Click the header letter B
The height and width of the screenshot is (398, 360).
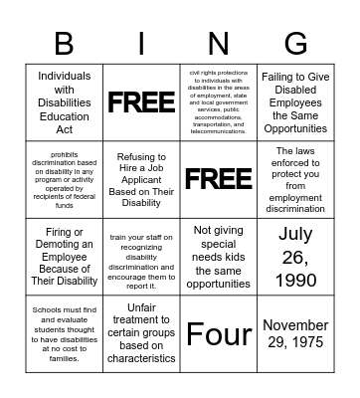(64, 44)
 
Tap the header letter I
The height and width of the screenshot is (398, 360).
(141, 44)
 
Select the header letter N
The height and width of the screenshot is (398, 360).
(218, 44)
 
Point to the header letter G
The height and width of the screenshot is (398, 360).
(295, 44)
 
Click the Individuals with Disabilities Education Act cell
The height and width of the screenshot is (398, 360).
(64, 102)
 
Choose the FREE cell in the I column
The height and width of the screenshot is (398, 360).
(140, 102)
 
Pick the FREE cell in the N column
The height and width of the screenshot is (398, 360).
(218, 179)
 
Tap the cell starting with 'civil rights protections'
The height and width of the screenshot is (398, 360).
(218, 102)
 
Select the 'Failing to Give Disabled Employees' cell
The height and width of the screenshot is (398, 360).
(295, 102)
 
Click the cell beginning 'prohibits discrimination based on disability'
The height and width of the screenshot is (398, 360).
(64, 179)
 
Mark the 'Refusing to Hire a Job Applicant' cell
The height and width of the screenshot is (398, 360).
(140, 179)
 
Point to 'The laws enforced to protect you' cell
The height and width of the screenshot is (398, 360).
(295, 179)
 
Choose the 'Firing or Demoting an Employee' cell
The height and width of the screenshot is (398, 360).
(64, 256)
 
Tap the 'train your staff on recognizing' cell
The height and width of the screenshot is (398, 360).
(140, 256)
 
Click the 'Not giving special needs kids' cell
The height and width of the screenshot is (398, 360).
(218, 256)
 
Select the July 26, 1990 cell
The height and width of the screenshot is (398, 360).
(295, 256)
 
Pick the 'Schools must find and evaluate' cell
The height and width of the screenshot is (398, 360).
(64, 332)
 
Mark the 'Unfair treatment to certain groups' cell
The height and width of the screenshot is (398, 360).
(140, 332)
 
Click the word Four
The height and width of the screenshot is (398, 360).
(218, 333)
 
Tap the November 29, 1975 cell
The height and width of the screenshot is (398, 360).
(295, 332)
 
